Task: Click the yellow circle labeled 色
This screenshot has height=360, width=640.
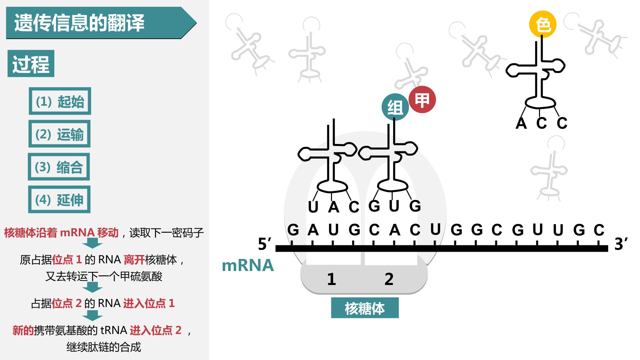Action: pos(543,24)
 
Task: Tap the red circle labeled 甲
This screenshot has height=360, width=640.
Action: pos(422,100)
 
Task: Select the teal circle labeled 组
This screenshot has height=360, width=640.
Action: pos(395,107)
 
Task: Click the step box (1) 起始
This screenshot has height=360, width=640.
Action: pos(60,101)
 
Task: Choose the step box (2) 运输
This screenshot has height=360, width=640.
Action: pos(59,134)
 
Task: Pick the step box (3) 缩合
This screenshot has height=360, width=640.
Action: pos(59,167)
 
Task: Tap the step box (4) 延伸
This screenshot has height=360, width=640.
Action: pos(59,199)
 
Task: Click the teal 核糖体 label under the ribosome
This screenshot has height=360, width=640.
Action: pos(365,308)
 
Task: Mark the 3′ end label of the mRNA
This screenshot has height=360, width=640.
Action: pos(621,244)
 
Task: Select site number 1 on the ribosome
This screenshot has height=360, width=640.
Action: pos(331,279)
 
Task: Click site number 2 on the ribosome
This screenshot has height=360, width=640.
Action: pos(389,279)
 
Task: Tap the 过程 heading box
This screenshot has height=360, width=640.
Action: pos(31,64)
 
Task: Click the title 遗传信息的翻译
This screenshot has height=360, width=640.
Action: pos(79,23)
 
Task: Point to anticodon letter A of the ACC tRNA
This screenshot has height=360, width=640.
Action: pos(521,123)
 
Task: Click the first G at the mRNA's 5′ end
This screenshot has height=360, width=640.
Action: pos(293,230)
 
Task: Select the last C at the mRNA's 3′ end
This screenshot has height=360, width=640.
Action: pos(599,230)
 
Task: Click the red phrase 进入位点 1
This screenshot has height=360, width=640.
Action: pos(149,303)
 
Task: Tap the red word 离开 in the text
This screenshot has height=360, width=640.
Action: pos(134,260)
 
